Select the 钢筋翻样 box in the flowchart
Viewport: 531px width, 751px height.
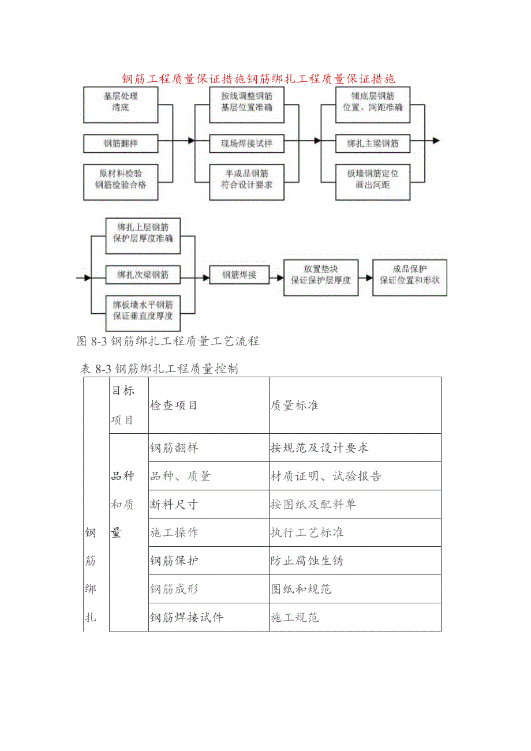click(121, 144)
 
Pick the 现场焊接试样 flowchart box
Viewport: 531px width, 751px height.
click(246, 144)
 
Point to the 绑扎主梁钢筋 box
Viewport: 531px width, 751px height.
click(373, 144)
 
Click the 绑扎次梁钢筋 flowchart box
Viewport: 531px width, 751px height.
click(143, 275)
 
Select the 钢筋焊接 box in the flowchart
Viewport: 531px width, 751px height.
click(240, 275)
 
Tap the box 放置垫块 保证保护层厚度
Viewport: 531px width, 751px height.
click(321, 275)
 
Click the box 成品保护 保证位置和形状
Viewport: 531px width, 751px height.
click(410, 275)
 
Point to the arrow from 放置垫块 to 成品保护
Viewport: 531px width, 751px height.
click(365, 277)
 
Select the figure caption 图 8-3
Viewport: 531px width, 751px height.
click(168, 341)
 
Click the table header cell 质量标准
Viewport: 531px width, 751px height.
click(294, 405)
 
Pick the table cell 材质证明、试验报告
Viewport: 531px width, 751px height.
click(326, 476)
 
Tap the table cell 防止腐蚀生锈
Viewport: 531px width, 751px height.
click(307, 561)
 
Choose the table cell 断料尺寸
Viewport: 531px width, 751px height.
click(174, 505)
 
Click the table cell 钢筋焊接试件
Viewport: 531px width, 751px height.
click(186, 618)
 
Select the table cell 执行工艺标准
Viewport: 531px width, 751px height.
click(307, 532)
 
